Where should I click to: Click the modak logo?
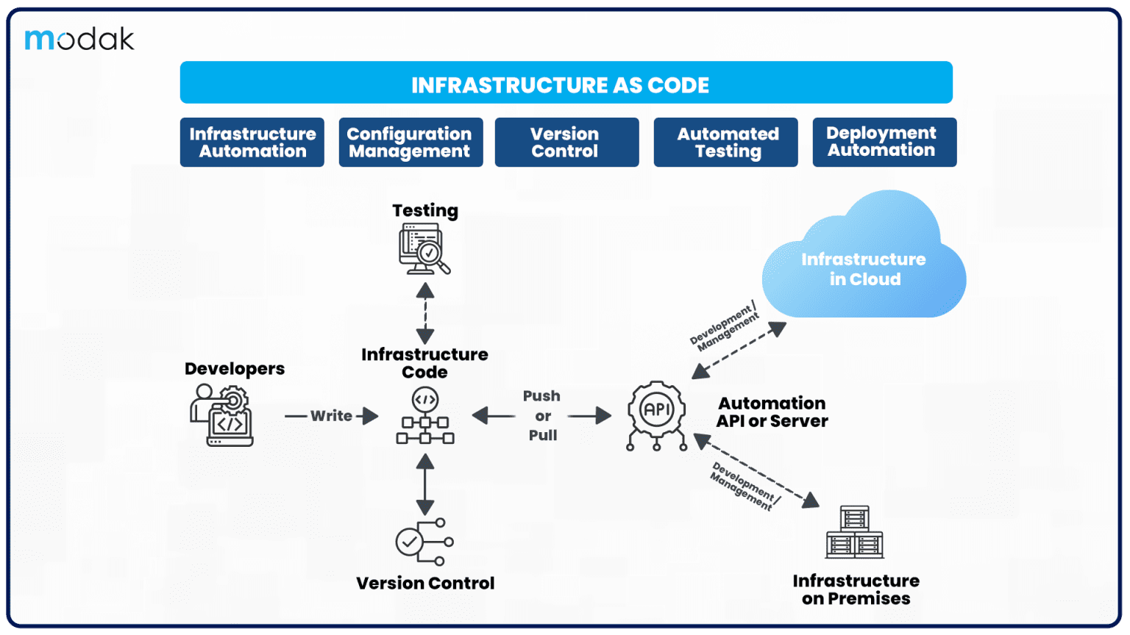coord(79,39)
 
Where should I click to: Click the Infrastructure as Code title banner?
coord(566,82)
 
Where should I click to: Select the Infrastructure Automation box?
coord(252,142)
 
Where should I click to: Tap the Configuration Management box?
coord(411,142)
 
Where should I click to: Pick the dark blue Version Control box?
coord(566,142)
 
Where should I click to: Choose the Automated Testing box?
coord(725,142)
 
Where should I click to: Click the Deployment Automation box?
coord(884,142)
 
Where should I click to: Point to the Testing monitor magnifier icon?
coord(424,249)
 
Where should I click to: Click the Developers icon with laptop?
coord(221,415)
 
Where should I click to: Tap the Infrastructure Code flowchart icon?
coord(424,415)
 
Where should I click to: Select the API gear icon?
coord(656,415)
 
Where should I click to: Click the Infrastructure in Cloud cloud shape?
coord(864,254)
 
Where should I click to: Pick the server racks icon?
coord(855,532)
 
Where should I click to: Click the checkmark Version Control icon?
coord(424,542)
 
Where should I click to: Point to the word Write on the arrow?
coord(331,416)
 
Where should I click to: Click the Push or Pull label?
coord(541,416)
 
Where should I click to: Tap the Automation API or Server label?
coord(772,412)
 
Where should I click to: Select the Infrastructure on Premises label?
coord(856,589)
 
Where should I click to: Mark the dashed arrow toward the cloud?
coord(739,351)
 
